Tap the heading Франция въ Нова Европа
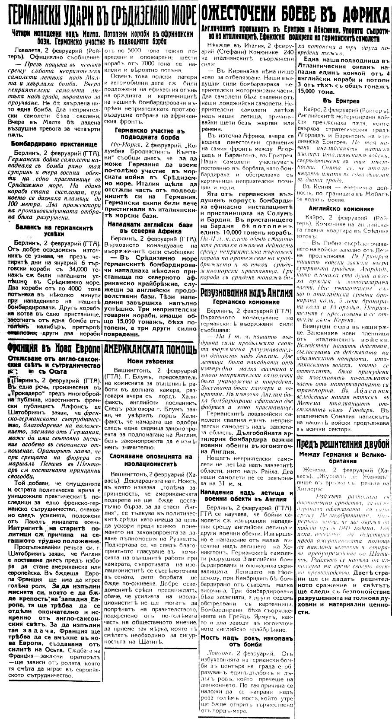[51, 348]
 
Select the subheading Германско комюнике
[247, 302]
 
